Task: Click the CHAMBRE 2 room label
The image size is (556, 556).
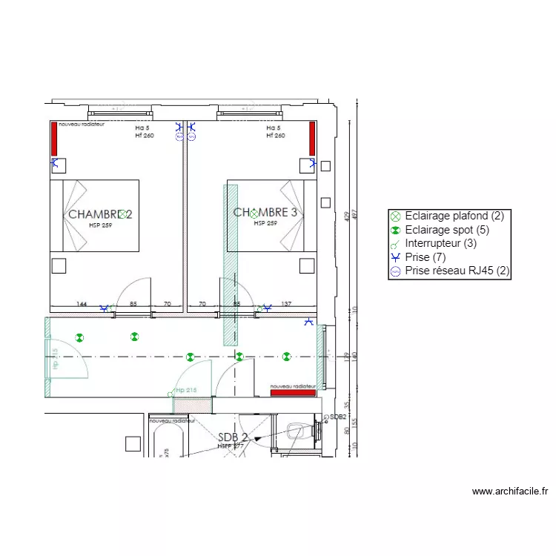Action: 100,214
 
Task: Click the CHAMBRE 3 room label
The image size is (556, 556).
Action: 265,213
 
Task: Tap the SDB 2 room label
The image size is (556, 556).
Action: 232,437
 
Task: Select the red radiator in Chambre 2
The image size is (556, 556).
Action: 54,139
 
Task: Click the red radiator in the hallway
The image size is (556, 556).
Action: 293,392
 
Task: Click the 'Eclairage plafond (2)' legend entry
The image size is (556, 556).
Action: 454,216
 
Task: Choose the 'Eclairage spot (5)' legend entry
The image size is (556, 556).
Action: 447,230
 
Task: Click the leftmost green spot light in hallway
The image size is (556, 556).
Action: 80,337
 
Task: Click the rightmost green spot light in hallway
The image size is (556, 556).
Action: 287,357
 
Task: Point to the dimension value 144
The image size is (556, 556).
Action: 82,304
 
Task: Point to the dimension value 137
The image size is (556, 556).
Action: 286,304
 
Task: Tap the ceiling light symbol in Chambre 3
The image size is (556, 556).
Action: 254,213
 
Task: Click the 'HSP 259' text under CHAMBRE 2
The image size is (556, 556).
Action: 100,225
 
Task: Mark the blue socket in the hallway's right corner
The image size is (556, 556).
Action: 309,322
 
